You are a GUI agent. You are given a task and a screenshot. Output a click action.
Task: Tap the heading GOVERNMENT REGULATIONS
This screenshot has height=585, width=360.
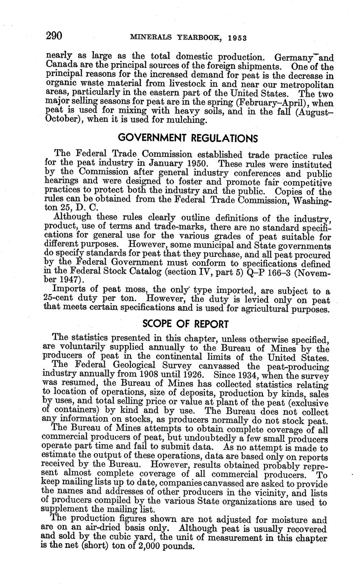point(188,138)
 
